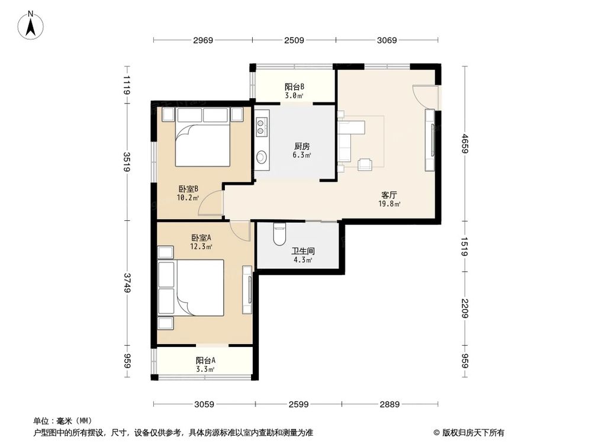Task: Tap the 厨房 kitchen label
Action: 302,147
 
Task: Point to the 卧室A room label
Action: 201,237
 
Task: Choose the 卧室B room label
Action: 188,189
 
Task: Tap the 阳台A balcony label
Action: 205,360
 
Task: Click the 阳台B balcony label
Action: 294,86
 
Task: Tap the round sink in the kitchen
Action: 261,156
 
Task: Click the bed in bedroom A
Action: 194,289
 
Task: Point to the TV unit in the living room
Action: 430,140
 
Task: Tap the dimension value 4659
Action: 464,143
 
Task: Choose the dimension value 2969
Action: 202,40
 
